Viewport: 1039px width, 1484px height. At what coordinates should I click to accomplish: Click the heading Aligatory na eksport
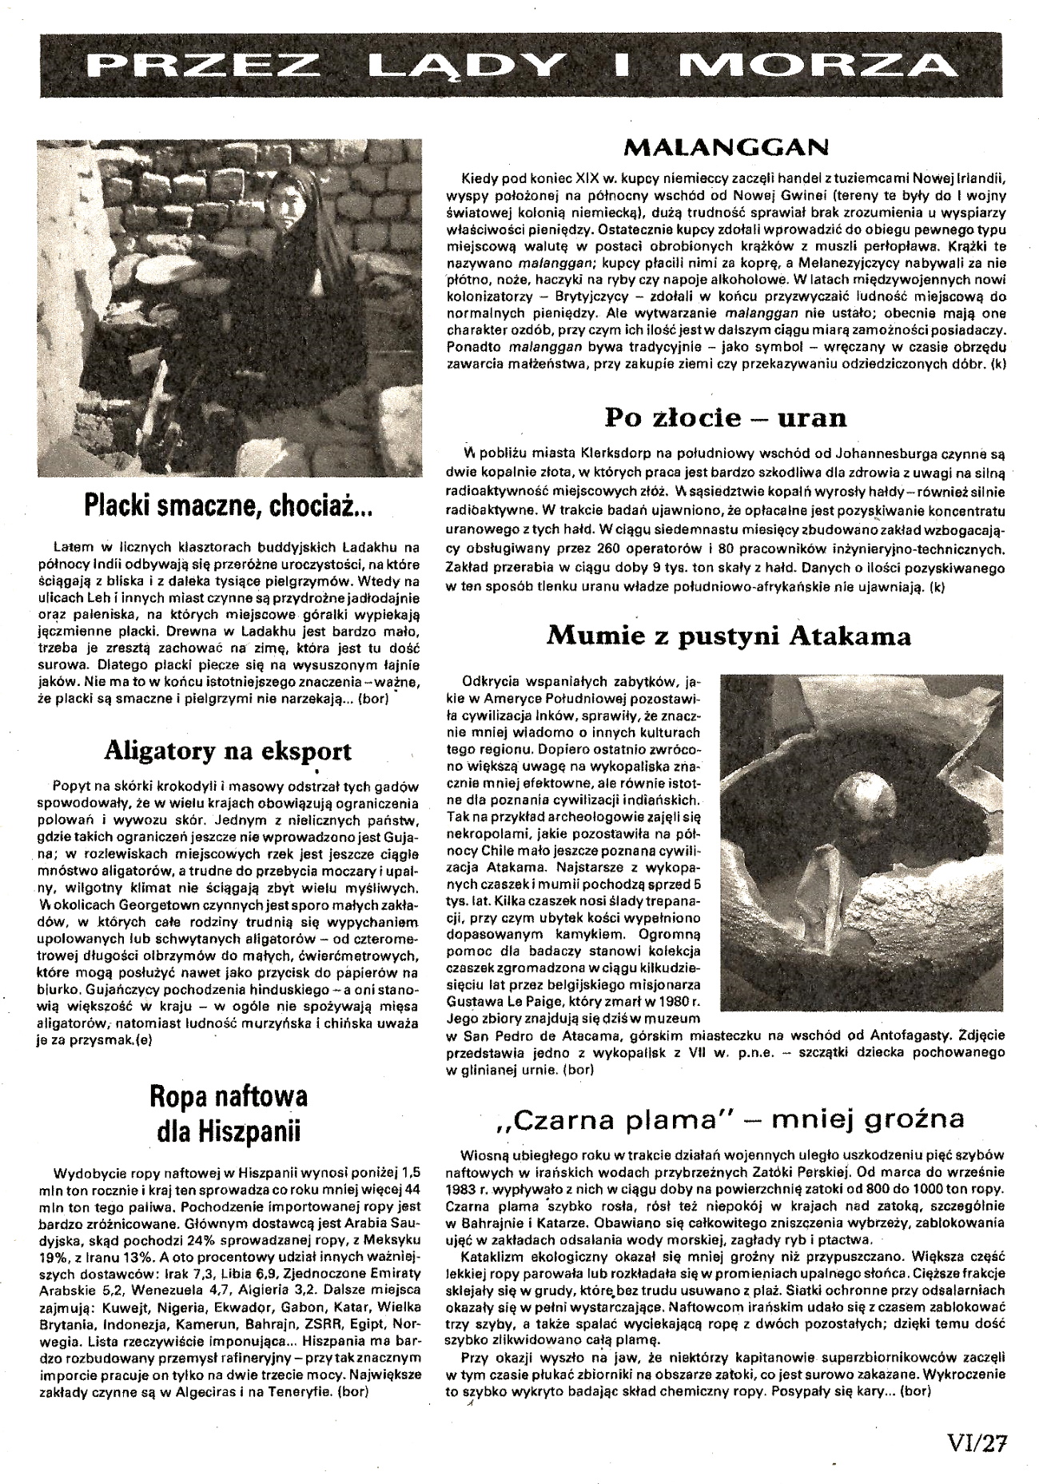[x=227, y=751]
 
